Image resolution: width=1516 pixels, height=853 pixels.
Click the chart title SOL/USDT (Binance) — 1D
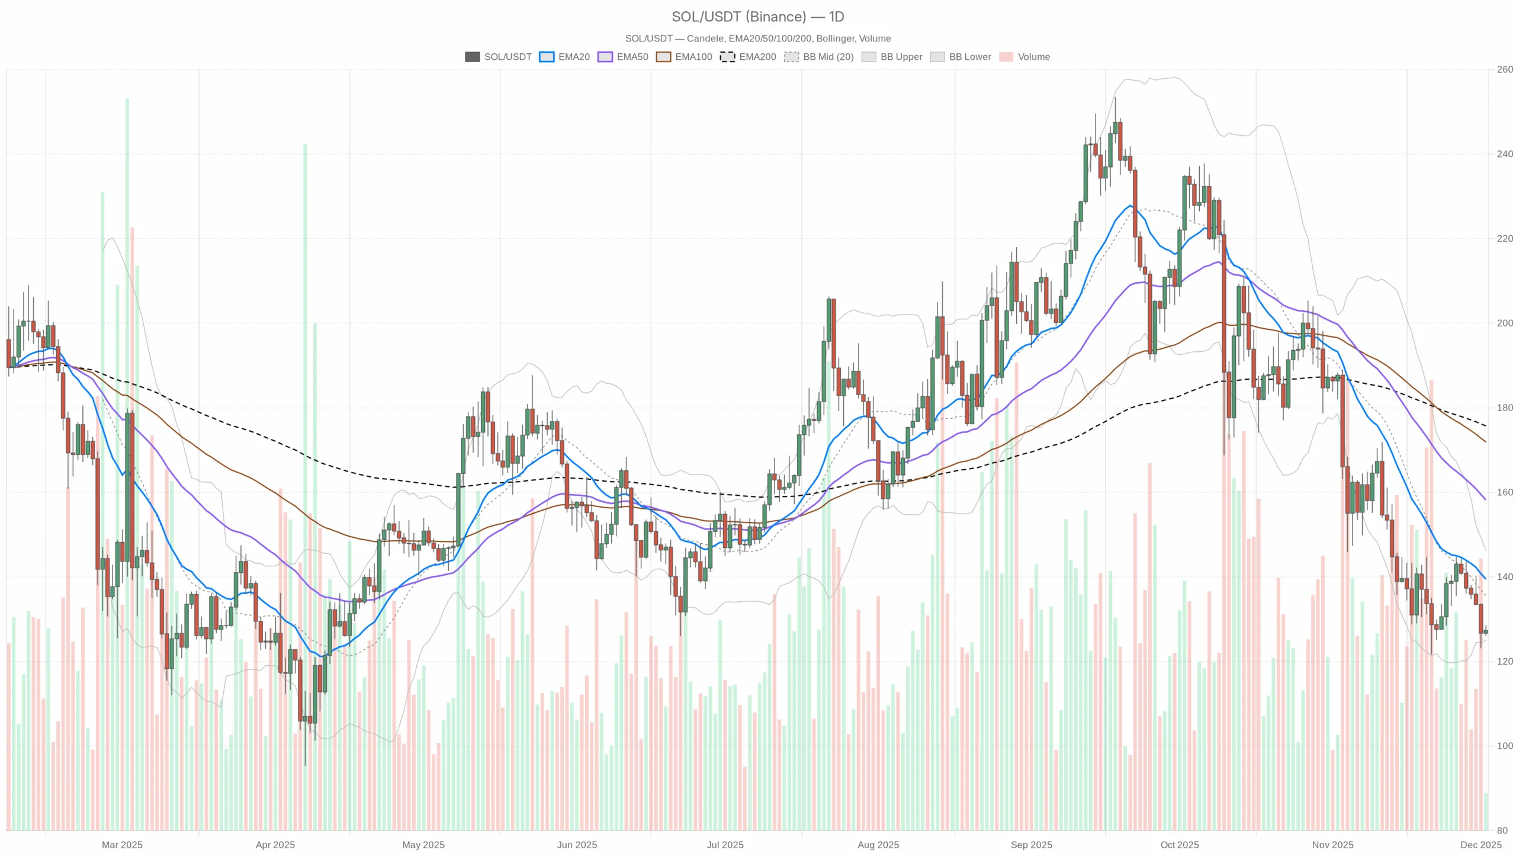(x=757, y=17)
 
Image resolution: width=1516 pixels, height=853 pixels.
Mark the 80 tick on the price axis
(x=1502, y=830)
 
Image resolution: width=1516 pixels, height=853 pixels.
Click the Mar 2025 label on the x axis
(x=122, y=845)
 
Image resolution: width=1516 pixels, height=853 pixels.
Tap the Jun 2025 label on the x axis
(x=577, y=845)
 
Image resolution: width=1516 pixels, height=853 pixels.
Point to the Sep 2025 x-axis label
(x=1031, y=845)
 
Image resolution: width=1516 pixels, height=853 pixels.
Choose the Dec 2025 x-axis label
(x=1480, y=845)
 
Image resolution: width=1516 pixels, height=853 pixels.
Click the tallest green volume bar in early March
(x=127, y=415)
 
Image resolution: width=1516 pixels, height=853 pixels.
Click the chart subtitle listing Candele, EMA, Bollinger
(x=757, y=39)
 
